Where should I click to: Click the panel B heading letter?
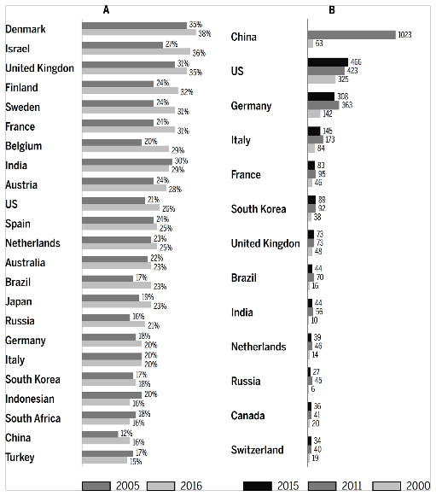[x=331, y=9]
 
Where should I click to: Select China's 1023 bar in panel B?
[x=352, y=35]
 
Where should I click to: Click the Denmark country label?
[x=26, y=29]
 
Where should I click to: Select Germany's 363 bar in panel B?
[x=324, y=105]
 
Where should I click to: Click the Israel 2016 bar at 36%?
[x=136, y=52]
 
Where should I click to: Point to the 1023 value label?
[x=407, y=35]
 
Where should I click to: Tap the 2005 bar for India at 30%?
[x=126, y=161]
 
